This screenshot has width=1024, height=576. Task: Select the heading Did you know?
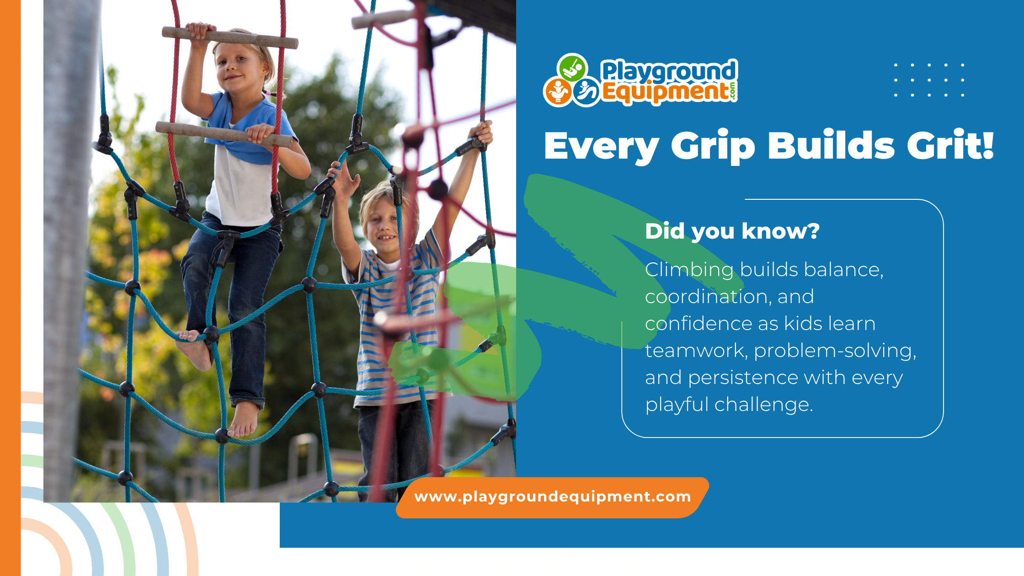(732, 231)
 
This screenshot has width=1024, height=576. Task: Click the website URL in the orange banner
(552, 497)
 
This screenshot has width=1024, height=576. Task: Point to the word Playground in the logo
(669, 71)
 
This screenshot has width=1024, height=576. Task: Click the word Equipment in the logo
(665, 92)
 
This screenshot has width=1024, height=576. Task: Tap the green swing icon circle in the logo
(572, 68)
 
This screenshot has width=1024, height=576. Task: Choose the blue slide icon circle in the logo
(586, 92)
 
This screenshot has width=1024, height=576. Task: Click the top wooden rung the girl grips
(230, 37)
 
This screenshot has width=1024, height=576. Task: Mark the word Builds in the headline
(831, 145)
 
